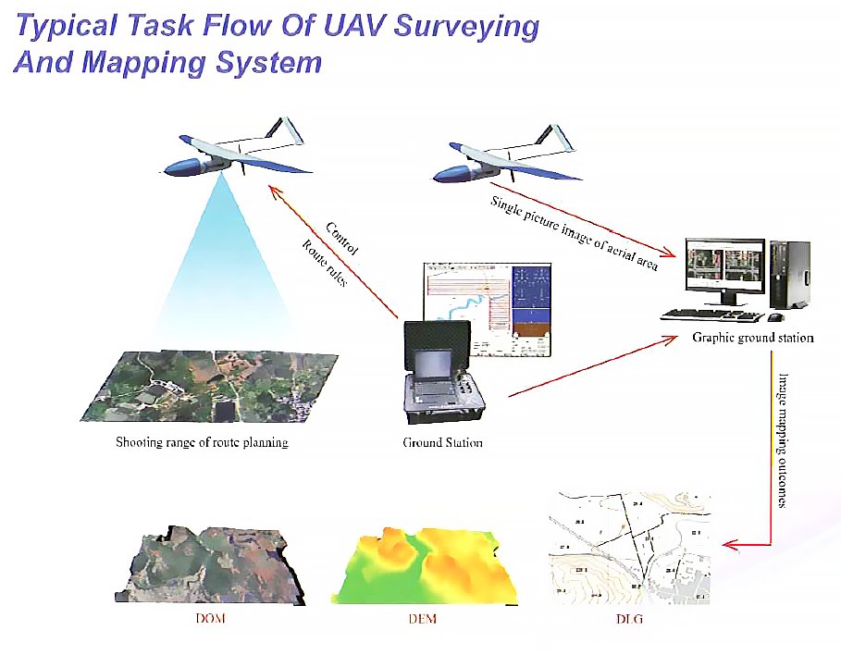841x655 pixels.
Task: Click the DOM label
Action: [x=212, y=619]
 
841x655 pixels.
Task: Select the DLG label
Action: [x=628, y=619]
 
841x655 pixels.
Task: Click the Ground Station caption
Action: [x=442, y=443]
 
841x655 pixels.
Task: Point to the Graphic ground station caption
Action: [x=753, y=339]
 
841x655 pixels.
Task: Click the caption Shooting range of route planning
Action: [x=202, y=443]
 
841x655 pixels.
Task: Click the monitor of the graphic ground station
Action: [x=724, y=266]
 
